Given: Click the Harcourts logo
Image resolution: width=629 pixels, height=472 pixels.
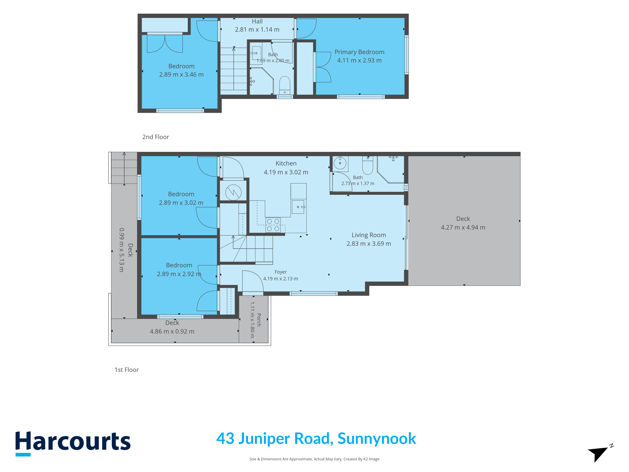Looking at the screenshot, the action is click(x=73, y=443).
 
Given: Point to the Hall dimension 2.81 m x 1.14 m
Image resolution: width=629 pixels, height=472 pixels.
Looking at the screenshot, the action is click(x=257, y=30).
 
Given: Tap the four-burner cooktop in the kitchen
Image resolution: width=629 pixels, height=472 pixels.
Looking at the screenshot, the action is click(x=273, y=225).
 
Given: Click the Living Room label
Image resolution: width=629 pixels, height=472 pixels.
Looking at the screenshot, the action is click(x=369, y=235).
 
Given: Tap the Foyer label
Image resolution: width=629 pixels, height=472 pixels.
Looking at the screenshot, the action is click(x=281, y=272).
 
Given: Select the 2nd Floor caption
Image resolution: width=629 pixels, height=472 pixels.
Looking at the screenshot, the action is click(x=156, y=137).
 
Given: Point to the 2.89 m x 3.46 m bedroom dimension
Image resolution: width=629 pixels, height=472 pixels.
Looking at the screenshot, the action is click(x=181, y=75).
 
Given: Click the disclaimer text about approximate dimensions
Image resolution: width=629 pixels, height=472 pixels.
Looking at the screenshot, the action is click(x=314, y=459).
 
